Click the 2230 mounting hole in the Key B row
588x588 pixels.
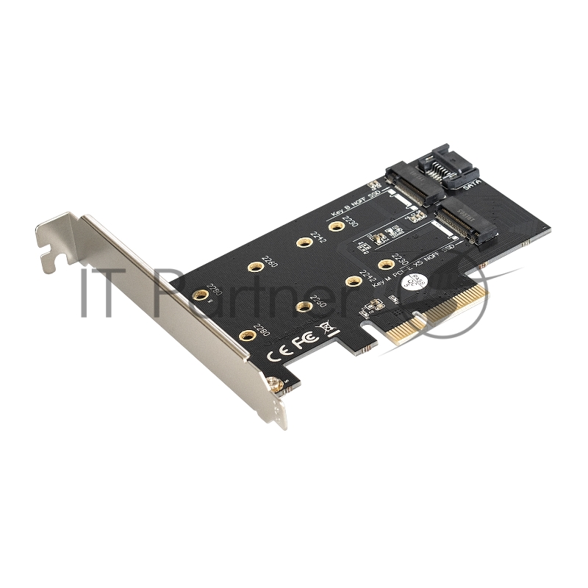337,226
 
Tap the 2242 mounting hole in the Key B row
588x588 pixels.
302,242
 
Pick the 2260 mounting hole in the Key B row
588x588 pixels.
254,266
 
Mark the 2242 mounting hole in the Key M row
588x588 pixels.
353,280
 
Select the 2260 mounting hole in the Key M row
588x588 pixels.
304,306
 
